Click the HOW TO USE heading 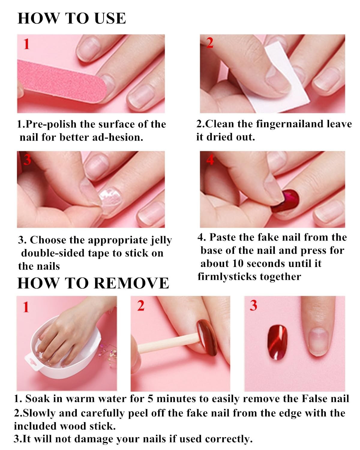click(x=72, y=18)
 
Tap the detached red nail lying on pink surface click(x=277, y=342)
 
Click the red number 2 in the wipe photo click(x=210, y=43)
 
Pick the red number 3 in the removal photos click(x=253, y=305)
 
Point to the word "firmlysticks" click(x=227, y=277)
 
